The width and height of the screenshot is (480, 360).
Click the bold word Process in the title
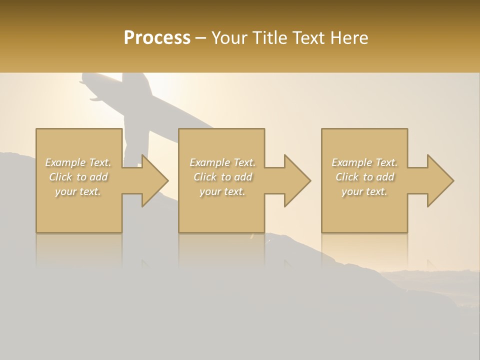click(x=157, y=38)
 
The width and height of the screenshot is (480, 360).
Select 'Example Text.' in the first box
click(x=78, y=162)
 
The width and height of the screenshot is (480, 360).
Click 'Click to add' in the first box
click(x=78, y=177)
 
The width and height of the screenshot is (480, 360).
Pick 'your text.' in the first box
click(x=78, y=191)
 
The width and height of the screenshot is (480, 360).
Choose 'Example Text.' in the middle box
click(x=222, y=162)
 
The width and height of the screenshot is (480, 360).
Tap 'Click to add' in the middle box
click(x=222, y=177)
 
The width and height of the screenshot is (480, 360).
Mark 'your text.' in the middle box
click(x=222, y=191)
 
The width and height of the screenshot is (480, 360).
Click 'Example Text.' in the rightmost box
click(x=364, y=162)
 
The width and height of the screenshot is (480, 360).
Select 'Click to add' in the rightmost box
click(x=364, y=177)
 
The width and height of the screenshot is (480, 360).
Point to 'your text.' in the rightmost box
click(x=364, y=191)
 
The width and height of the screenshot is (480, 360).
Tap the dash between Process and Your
click(x=201, y=38)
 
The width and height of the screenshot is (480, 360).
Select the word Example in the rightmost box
click(x=352, y=162)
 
